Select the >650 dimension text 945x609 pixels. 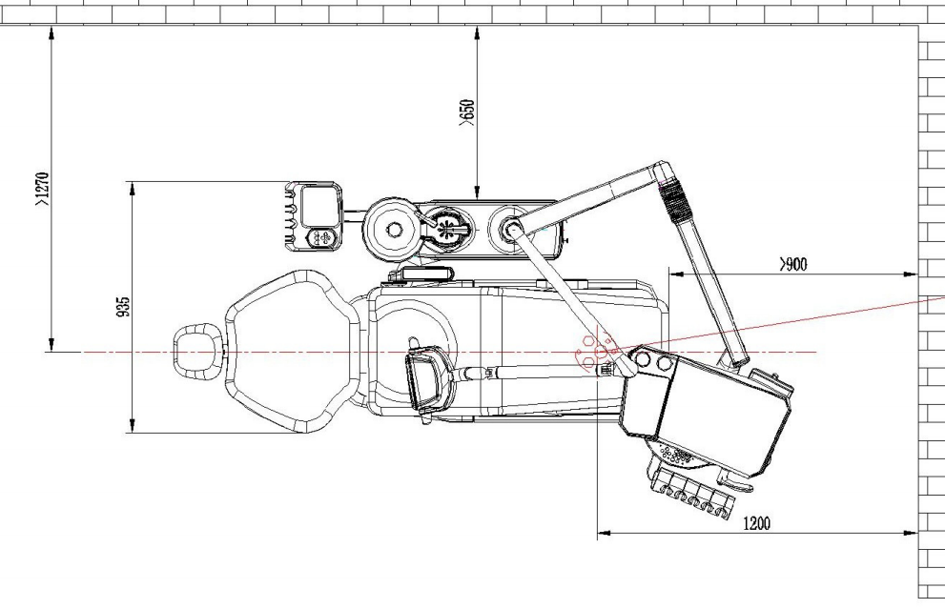(x=467, y=112)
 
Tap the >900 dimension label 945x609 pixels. (x=793, y=264)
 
